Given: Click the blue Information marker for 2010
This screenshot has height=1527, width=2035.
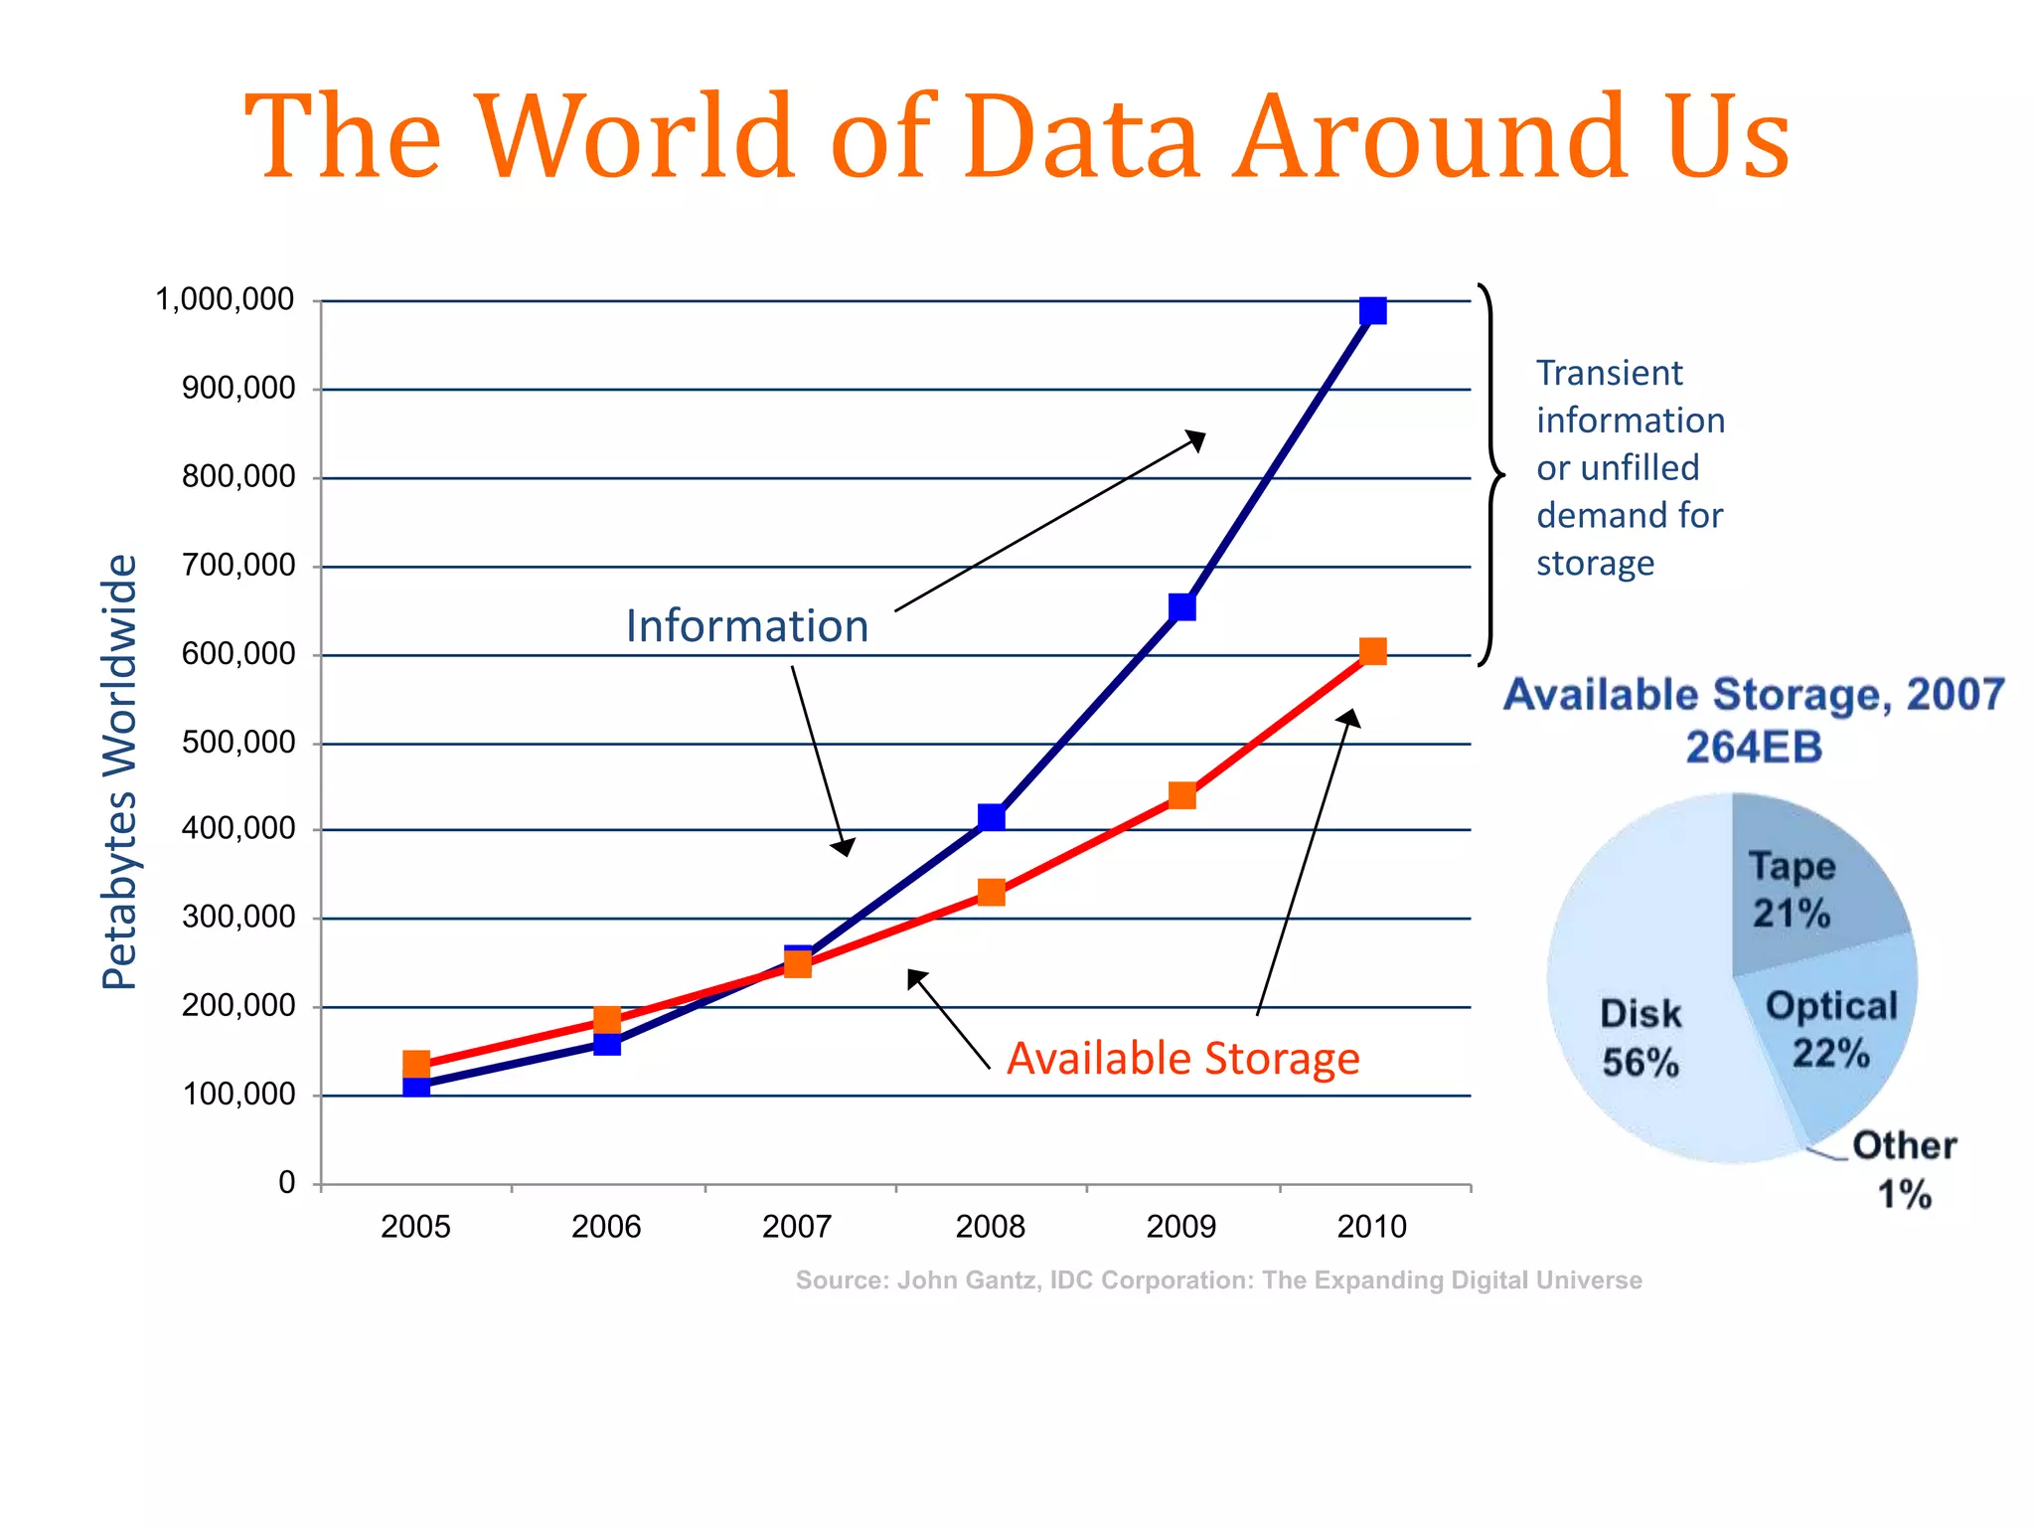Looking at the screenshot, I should (x=1372, y=311).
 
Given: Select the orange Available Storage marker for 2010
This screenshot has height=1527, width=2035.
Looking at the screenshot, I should (x=1372, y=652).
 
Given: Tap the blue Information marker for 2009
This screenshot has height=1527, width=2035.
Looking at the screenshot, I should (x=1181, y=607).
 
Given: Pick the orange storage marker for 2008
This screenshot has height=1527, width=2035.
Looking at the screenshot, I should (x=991, y=892).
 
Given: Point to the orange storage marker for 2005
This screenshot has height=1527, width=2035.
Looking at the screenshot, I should (x=416, y=1065).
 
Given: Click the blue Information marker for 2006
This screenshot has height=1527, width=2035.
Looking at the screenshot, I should (x=607, y=1044).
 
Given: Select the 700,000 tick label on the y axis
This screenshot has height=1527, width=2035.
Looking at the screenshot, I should (x=238, y=566).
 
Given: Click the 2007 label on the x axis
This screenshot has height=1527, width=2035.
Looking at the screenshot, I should (x=797, y=1227).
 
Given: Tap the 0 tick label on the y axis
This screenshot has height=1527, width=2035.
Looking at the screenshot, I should (x=287, y=1183).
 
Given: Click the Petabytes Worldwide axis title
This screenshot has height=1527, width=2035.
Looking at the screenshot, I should (x=119, y=771).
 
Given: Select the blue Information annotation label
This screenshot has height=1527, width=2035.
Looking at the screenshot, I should (x=747, y=626).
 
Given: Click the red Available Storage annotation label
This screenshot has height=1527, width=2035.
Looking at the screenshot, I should (x=1182, y=1059).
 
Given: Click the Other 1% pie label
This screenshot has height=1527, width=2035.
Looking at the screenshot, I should (x=1904, y=1169).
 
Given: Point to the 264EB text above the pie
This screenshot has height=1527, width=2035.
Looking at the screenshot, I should (x=1754, y=748).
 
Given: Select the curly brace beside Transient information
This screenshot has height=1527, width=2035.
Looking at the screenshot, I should (x=1489, y=475).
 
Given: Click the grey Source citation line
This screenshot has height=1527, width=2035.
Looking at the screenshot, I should (x=1218, y=1280).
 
